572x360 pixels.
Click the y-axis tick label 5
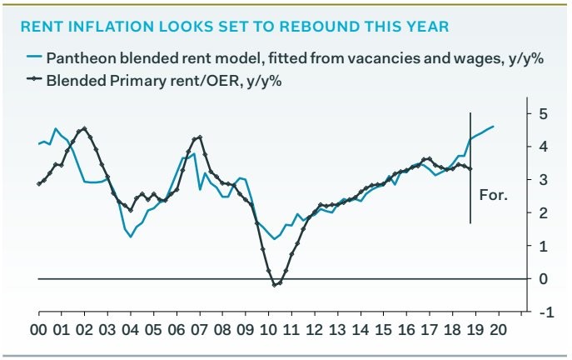point(542,113)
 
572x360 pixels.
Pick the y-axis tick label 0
point(542,279)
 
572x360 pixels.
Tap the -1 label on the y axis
point(545,312)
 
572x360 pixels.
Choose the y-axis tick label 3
point(542,180)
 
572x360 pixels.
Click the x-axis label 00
point(38,328)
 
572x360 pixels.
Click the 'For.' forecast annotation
point(494,197)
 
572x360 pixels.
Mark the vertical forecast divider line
point(471,167)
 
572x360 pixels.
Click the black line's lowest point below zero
point(276,285)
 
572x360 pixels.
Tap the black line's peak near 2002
point(84,129)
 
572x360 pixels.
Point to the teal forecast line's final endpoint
point(494,126)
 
